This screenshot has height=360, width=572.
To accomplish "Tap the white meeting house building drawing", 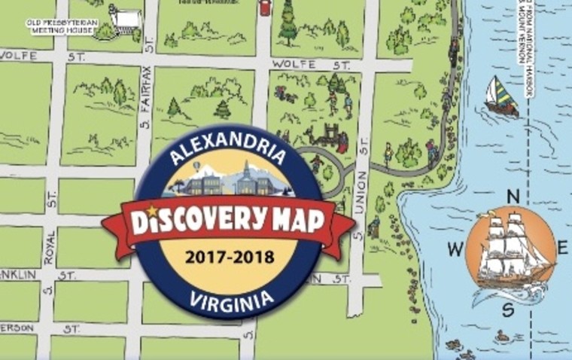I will click(x=126, y=18).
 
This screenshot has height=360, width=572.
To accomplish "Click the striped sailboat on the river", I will click(x=500, y=96).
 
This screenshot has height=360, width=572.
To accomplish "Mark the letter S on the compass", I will click(x=509, y=309).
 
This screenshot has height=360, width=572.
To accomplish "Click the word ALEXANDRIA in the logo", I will click(x=228, y=153).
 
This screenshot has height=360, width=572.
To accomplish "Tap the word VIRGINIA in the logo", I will click(x=229, y=299).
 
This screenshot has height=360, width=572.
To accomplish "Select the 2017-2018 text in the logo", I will click(x=228, y=257).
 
